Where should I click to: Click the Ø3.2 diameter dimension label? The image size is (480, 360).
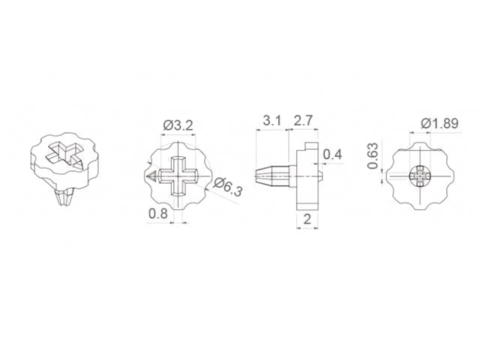coord(178,125)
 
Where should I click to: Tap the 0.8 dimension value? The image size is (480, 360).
coord(157,214)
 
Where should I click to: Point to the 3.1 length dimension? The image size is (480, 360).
coord(272,121)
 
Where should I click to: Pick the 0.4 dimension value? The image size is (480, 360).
coord(332,154)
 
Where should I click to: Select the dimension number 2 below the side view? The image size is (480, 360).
coord(307,218)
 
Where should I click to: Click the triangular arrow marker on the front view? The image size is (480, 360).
coord(151,178)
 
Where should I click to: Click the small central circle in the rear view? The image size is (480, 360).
coord(421,178)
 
